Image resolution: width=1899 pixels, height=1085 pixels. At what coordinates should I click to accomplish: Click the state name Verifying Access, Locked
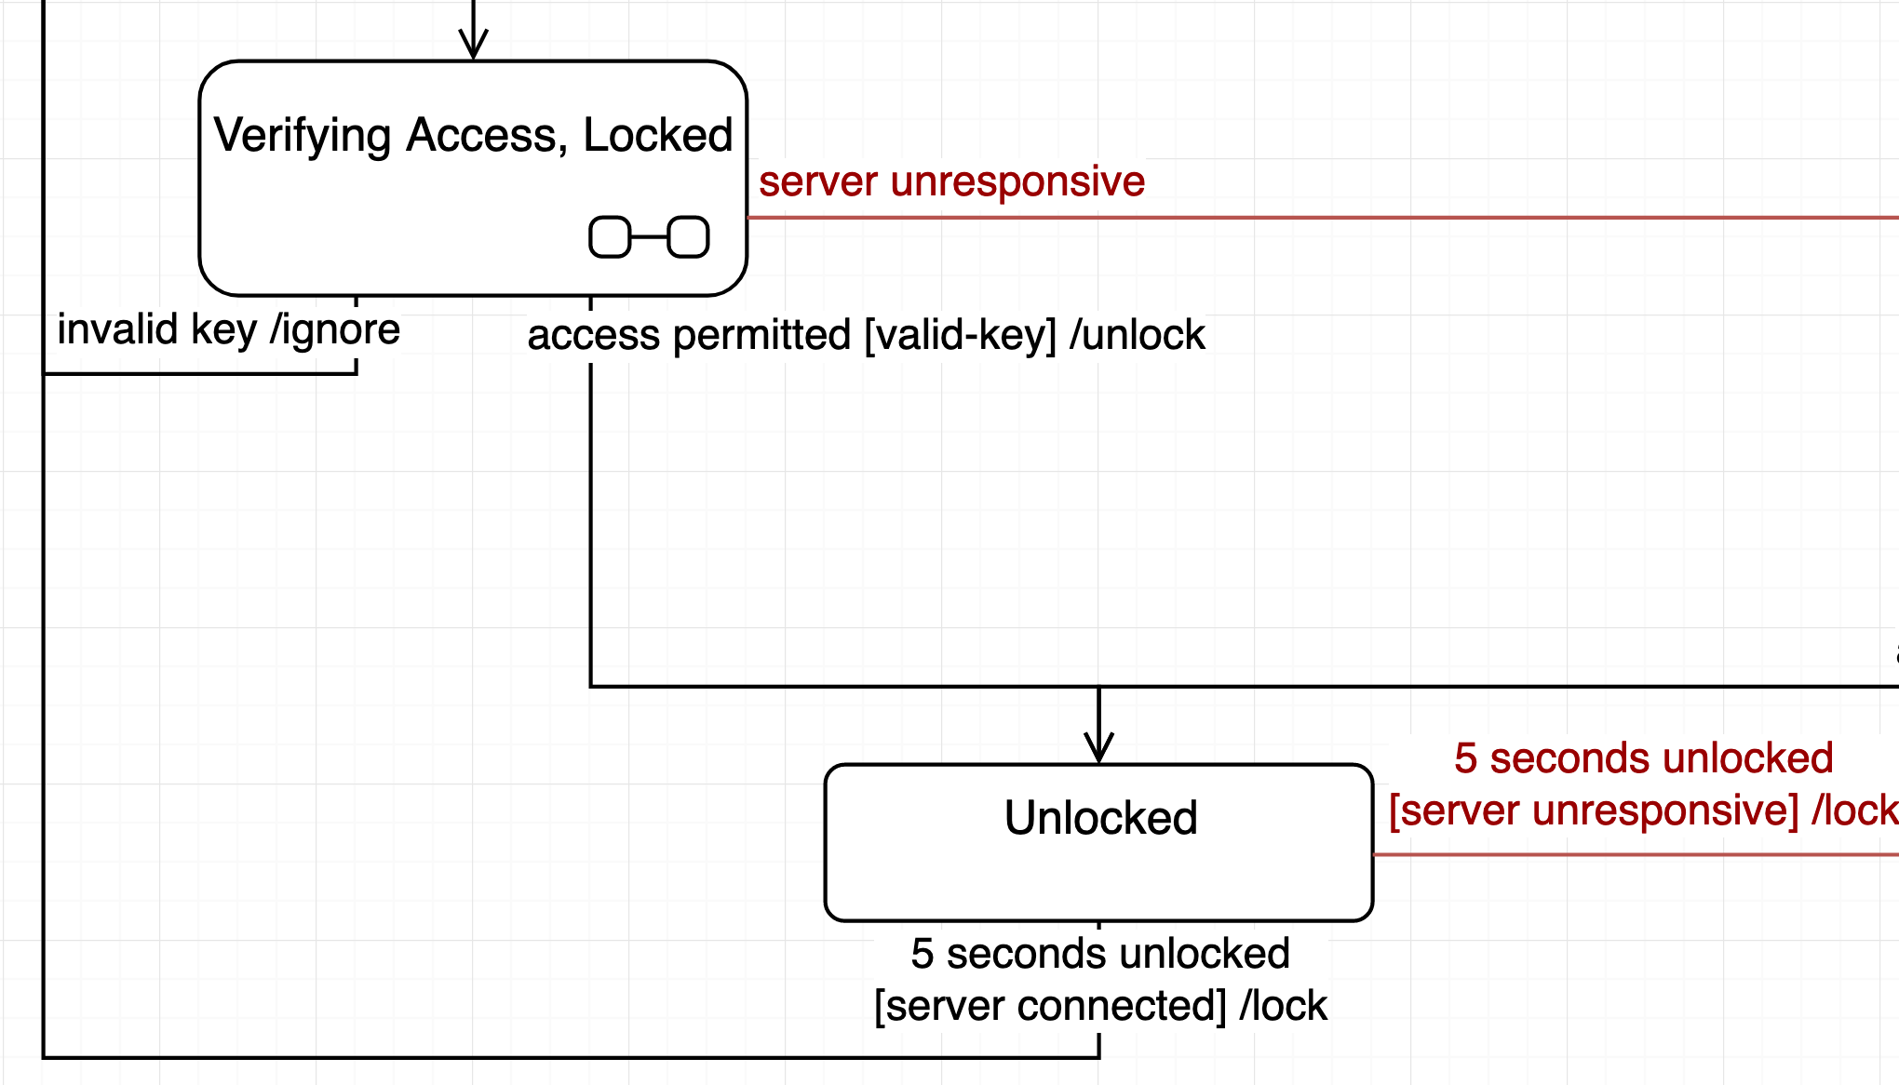point(473,136)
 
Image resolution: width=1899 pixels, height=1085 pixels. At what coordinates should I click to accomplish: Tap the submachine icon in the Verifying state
point(649,237)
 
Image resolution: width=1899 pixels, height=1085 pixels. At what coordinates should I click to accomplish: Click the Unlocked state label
point(1100,818)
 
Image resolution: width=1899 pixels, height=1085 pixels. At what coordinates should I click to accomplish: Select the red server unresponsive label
point(951,181)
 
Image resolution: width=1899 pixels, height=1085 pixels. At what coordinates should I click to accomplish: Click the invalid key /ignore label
point(228,329)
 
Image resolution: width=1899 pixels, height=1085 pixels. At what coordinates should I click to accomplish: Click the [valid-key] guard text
point(961,335)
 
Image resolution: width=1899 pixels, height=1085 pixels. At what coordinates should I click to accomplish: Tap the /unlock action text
point(1137,335)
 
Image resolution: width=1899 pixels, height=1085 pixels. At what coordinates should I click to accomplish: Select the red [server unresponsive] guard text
point(1594,810)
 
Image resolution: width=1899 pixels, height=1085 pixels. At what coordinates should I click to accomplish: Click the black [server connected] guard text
point(1050,1006)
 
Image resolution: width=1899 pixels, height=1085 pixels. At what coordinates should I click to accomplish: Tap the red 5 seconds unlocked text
point(1643,758)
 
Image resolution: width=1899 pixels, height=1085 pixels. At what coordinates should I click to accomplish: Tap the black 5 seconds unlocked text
point(1100,954)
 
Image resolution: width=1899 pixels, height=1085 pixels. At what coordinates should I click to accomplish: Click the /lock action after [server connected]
point(1283,1006)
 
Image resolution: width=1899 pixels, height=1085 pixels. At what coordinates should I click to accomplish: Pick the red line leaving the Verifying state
point(1303,218)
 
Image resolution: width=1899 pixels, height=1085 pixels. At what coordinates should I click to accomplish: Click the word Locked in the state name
point(657,136)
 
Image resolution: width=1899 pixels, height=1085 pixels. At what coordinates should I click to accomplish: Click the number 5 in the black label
point(922,954)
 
